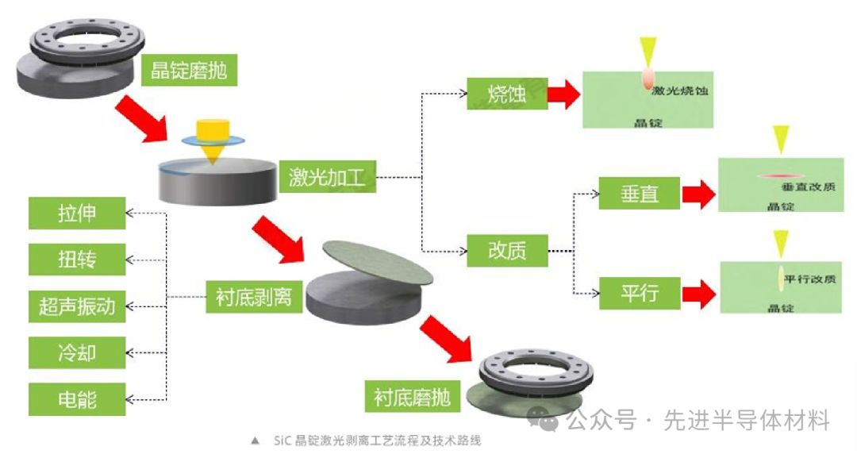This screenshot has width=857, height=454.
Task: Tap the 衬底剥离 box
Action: coord(254,297)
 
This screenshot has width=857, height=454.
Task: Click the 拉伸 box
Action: coord(77,214)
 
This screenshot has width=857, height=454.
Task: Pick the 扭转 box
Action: coord(77,259)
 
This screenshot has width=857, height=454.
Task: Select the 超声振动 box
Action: coord(77,306)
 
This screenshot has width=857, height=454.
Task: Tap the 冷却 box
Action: coord(77,352)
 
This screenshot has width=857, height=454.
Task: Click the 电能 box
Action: coord(77,398)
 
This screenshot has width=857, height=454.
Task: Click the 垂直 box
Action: coord(640,193)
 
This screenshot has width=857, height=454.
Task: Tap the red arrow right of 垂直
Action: coord(697,193)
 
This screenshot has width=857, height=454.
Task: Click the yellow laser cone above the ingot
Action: coord(212,140)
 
